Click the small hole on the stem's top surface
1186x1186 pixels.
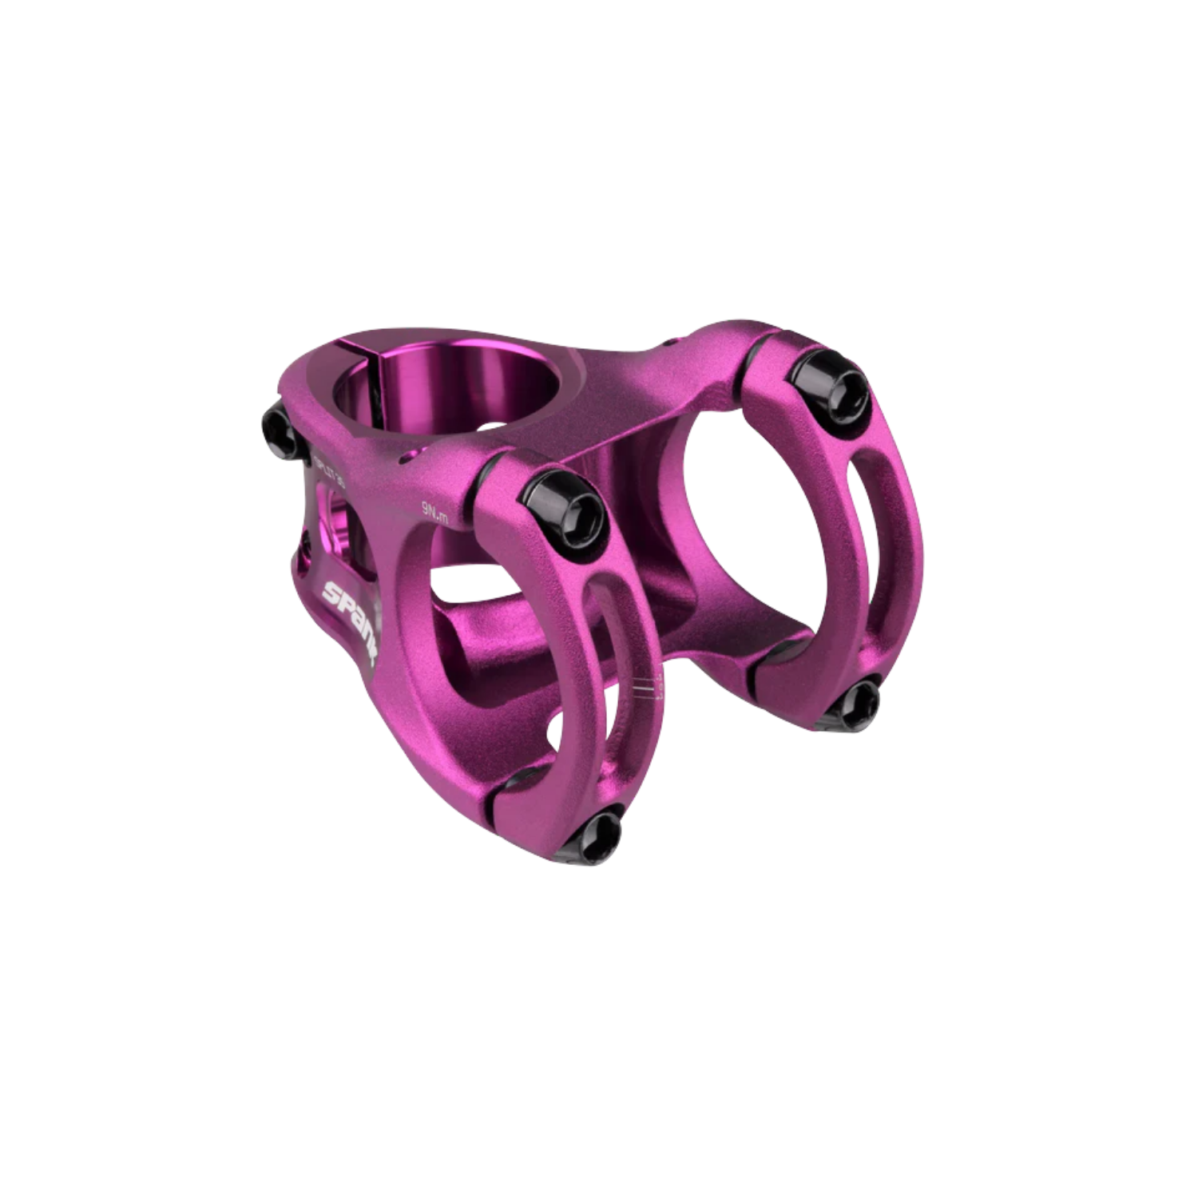click(x=411, y=455)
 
